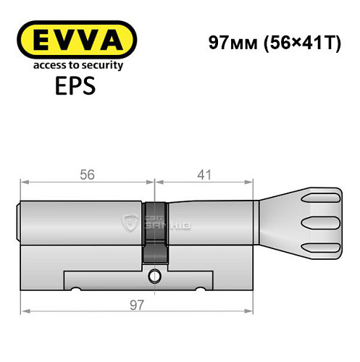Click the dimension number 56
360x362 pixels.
87,174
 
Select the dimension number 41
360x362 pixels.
205,174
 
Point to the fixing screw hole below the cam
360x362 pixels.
154,276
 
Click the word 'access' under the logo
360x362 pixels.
42,65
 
